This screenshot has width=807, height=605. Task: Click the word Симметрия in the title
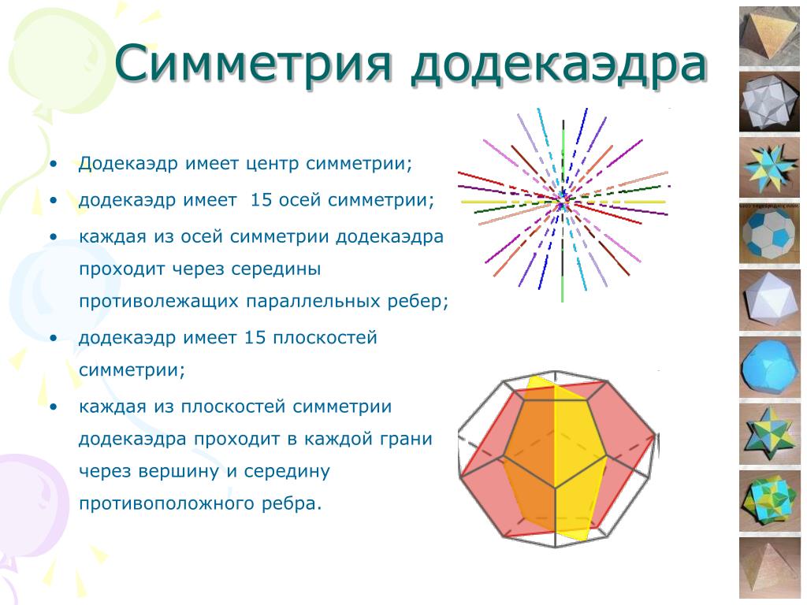pos(253,62)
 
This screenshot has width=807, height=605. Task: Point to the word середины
pos(276,269)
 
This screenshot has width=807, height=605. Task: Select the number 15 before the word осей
pos(261,199)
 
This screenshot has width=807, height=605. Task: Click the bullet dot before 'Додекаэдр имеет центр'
pos(54,164)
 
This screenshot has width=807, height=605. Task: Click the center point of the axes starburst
pos(564,201)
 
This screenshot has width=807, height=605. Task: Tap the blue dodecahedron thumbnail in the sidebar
pos(770,367)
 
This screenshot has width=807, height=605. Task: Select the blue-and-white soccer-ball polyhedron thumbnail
pos(770,234)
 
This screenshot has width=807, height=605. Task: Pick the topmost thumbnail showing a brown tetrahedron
pos(770,36)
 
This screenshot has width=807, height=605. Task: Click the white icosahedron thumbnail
pos(770,300)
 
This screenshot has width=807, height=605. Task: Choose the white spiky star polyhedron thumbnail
pos(770,102)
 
